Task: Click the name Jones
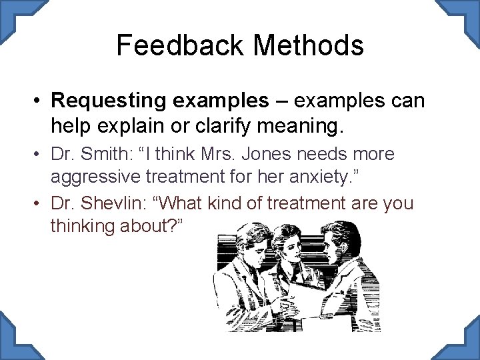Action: tap(267, 154)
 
